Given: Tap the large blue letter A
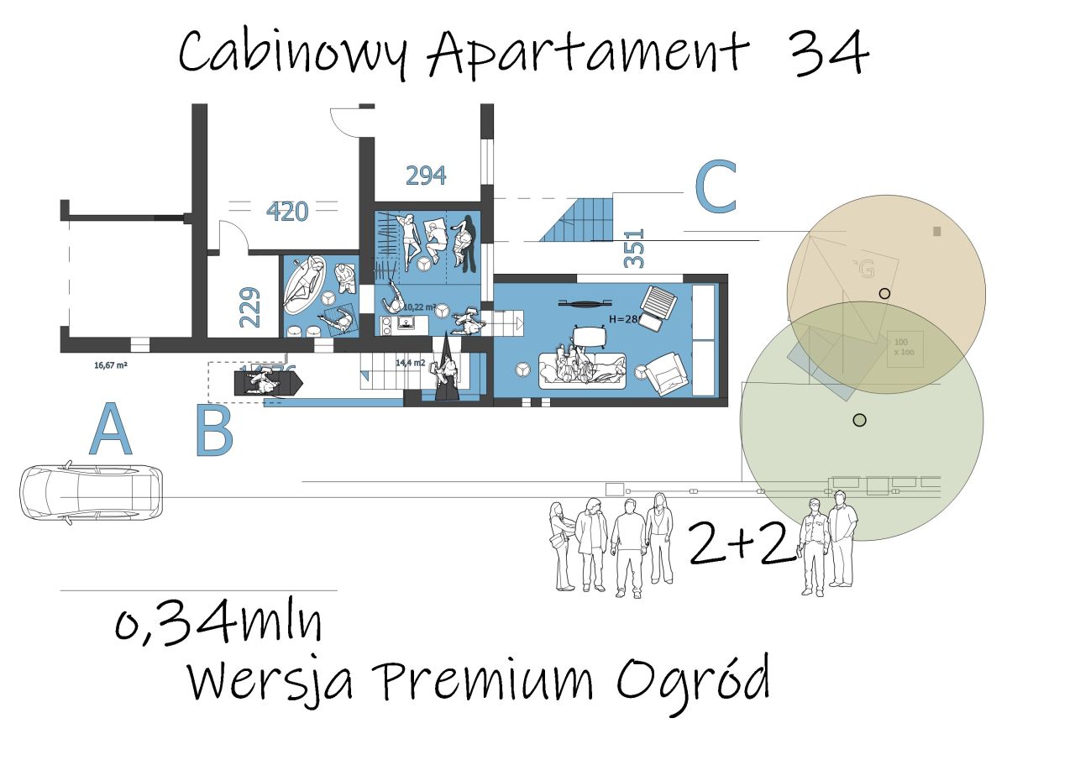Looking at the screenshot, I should [110, 430].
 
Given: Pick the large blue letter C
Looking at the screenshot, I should [716, 188].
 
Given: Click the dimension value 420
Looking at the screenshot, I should [287, 212].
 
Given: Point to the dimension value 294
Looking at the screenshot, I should [426, 176].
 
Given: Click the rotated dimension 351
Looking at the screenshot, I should [636, 249].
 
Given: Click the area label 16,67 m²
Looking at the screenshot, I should [111, 365].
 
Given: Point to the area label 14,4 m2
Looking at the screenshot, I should [411, 363].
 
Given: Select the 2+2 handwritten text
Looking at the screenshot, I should [741, 542].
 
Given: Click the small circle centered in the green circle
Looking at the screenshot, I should [858, 420].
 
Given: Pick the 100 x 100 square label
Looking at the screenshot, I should [905, 349].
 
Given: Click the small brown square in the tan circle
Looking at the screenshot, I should [937, 231].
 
